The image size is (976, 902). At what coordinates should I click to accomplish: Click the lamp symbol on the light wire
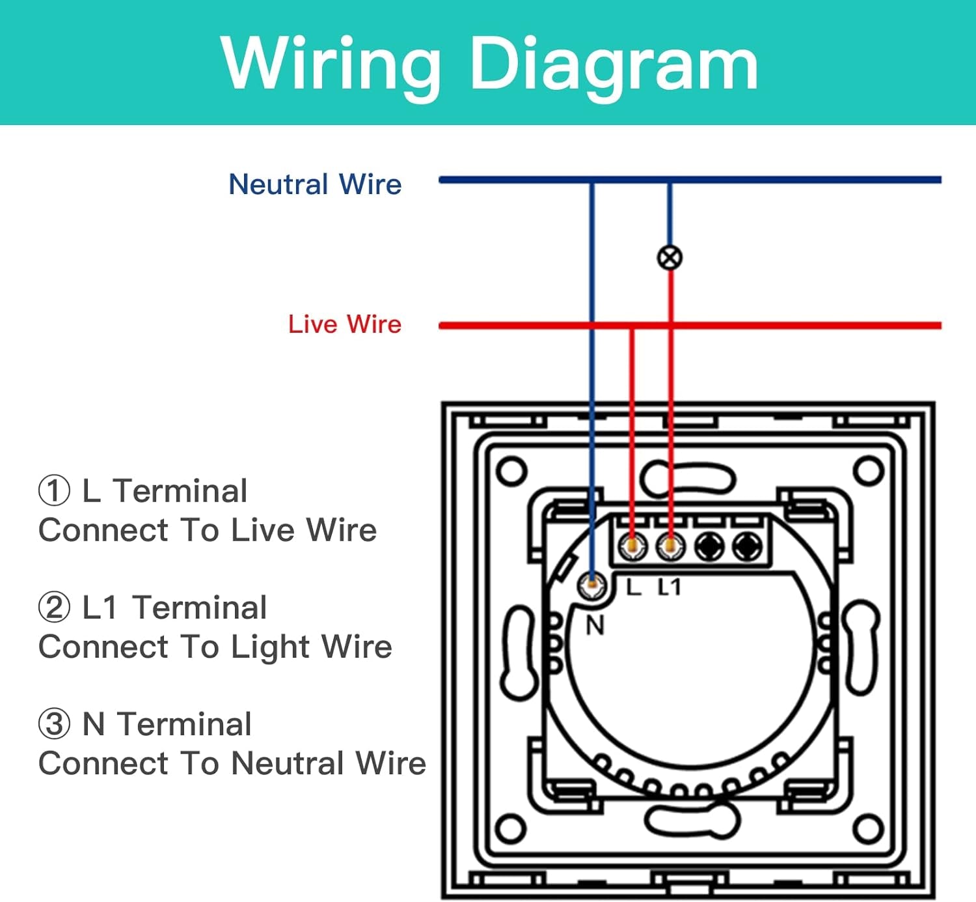click(x=670, y=258)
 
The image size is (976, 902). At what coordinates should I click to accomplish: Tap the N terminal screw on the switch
click(x=592, y=584)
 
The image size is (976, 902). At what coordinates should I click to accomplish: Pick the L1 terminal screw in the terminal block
click(x=670, y=546)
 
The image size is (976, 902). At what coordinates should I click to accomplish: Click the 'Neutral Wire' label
click(x=315, y=184)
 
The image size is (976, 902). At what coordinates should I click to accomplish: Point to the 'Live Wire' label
click(x=345, y=324)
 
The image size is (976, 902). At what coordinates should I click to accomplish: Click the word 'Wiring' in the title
click(x=331, y=64)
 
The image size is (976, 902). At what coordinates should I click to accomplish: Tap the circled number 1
click(x=54, y=491)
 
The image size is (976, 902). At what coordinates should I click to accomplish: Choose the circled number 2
click(x=54, y=608)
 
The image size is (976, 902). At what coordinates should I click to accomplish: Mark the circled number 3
click(x=54, y=724)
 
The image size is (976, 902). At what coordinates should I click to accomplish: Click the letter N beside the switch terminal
click(x=595, y=626)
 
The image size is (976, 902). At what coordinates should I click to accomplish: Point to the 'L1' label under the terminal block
click(x=670, y=587)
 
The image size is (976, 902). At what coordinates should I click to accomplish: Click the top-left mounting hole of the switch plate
click(x=511, y=471)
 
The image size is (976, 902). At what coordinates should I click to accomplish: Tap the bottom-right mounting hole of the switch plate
click(x=868, y=829)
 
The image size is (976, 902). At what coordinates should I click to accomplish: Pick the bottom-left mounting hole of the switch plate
click(x=511, y=829)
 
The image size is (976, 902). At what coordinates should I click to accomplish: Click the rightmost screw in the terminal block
click(x=748, y=546)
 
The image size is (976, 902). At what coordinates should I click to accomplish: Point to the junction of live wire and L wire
click(x=631, y=326)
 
